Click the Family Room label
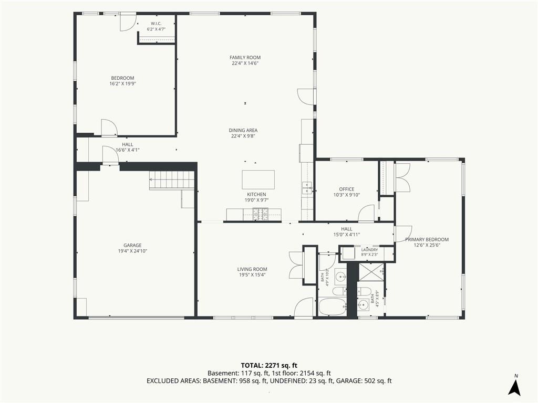point(245,58)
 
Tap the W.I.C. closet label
point(156,24)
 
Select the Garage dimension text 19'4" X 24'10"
point(132,251)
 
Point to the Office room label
point(347,189)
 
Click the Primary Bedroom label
point(427,239)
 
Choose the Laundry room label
point(369,250)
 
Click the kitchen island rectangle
point(258,179)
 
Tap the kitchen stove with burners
point(262,215)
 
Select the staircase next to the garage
point(172,179)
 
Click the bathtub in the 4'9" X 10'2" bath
point(333,306)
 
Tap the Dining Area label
point(243,130)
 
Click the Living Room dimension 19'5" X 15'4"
point(252,275)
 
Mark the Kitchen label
point(256,195)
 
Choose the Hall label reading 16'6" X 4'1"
point(127,150)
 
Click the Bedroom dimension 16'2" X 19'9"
point(122,83)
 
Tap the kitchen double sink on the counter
point(306,188)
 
